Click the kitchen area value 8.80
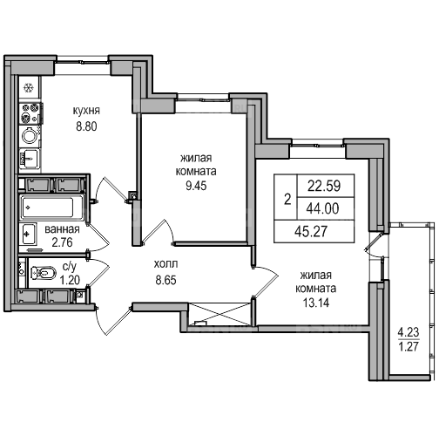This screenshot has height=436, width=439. coord(86,126)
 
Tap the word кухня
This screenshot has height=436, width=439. coord(86,111)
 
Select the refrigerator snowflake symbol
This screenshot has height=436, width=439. coord(29,87)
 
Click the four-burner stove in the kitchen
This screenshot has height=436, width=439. coord(30,113)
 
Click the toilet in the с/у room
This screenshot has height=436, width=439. coord(43,273)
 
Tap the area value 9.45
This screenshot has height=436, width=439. coord(196,186)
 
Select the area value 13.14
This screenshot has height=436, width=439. coord(316,303)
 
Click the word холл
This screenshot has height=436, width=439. coord(165,264)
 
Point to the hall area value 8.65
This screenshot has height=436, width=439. coord(165,281)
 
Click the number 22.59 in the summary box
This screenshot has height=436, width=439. coord(324,186)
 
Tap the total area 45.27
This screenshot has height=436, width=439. coord(311,231)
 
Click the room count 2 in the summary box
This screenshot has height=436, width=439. coord(287,200)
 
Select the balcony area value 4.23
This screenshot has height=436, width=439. coord(409,332)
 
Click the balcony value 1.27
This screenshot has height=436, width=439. coord(409,346)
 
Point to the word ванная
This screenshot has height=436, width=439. coord(62,229)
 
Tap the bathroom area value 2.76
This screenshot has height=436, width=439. coord(62,242)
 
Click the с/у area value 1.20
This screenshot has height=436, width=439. coord(70,280)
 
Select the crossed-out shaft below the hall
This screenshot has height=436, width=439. coord(219,314)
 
